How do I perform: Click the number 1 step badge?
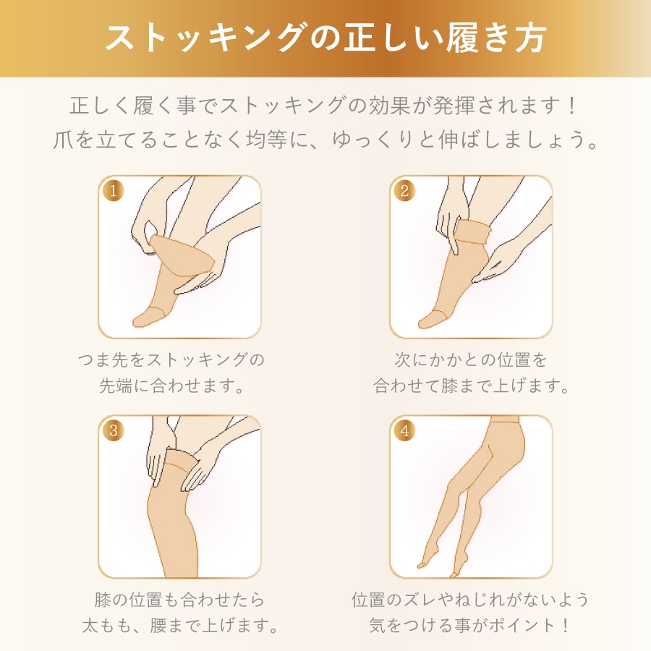(114, 191)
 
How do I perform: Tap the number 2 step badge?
(405, 191)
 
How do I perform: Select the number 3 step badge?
(114, 430)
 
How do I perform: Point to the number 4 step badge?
(405, 430)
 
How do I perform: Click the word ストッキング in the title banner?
(204, 38)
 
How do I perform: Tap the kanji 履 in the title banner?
(461, 38)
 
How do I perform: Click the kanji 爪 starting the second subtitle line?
(64, 140)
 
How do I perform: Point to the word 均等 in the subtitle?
(267, 140)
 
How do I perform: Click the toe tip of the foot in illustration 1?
(136, 323)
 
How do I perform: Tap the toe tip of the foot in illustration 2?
(421, 323)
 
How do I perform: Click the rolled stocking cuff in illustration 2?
(473, 232)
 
